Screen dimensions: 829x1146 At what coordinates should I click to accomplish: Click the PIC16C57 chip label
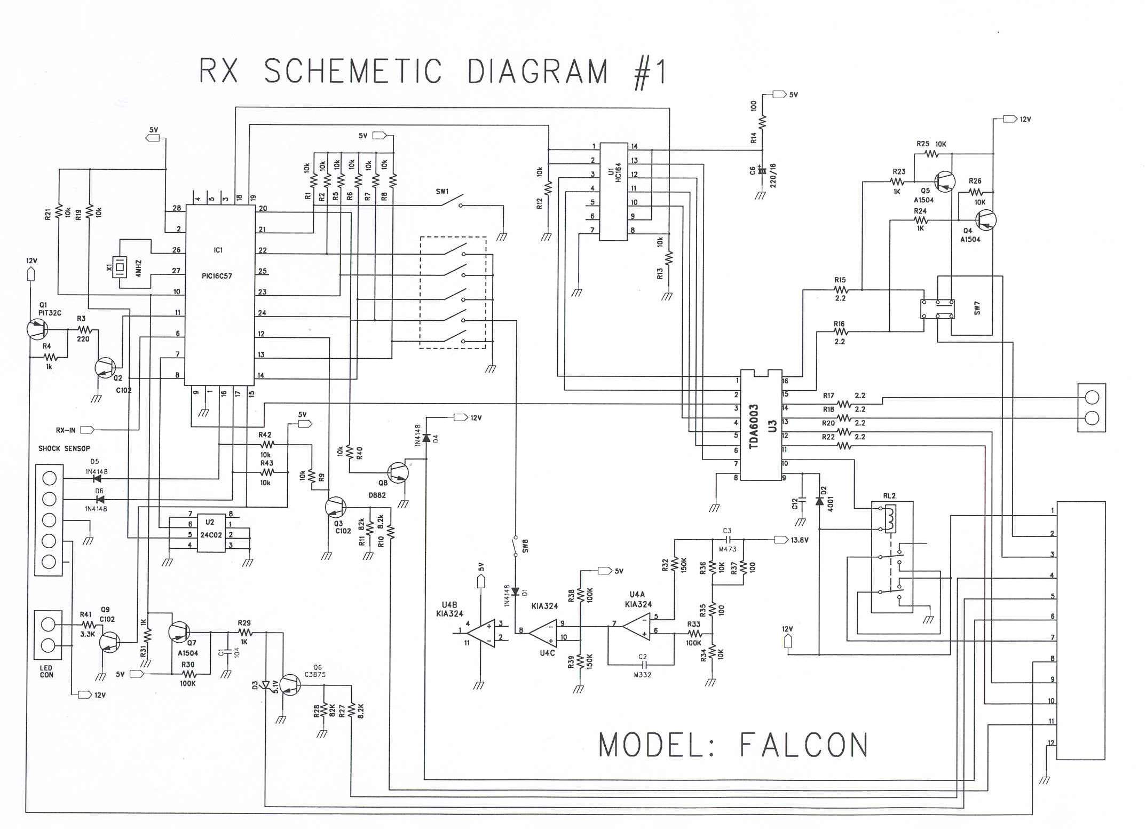[x=217, y=276]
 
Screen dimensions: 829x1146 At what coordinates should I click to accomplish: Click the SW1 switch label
[x=442, y=191]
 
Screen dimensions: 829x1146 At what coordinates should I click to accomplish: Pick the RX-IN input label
[x=66, y=430]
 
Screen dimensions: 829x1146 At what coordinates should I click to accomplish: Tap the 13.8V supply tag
[x=799, y=540]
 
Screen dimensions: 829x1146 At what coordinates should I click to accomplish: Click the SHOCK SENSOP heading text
[x=64, y=448]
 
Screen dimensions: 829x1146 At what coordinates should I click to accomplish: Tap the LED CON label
[x=46, y=672]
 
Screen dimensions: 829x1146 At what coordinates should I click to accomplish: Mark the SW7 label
[x=977, y=308]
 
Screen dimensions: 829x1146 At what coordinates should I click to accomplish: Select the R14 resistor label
[x=754, y=138]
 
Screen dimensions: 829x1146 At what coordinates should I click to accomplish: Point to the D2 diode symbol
[x=819, y=501]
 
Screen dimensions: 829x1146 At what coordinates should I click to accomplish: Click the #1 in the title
[x=648, y=72]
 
